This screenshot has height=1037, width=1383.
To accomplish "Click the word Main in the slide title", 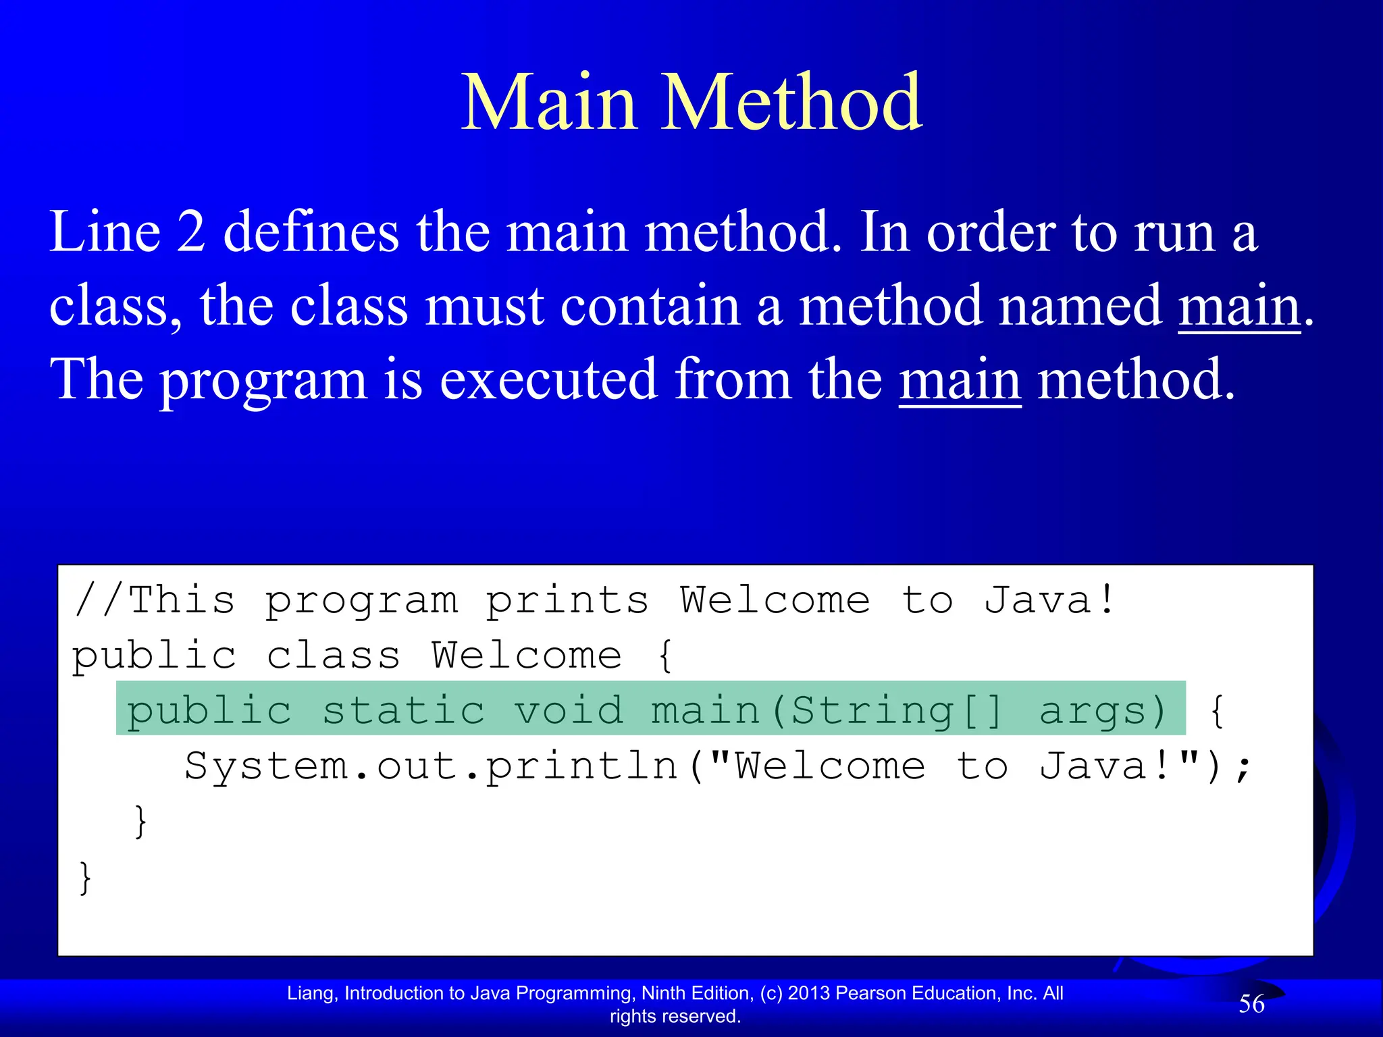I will click(549, 103).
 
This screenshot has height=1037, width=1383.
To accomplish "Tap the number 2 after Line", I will click(191, 232).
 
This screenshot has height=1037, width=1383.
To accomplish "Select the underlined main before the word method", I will click(960, 380).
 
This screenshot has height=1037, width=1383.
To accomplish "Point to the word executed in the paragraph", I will click(548, 380).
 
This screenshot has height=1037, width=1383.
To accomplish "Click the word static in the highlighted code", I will click(403, 711).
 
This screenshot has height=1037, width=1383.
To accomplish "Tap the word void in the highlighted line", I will click(569, 711).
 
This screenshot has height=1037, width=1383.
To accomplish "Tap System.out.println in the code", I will click(431, 767).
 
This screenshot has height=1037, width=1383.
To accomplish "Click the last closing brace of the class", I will click(85, 878).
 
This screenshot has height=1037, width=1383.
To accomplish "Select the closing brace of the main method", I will click(140, 822).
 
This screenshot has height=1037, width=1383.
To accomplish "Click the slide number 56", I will click(1251, 1005).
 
